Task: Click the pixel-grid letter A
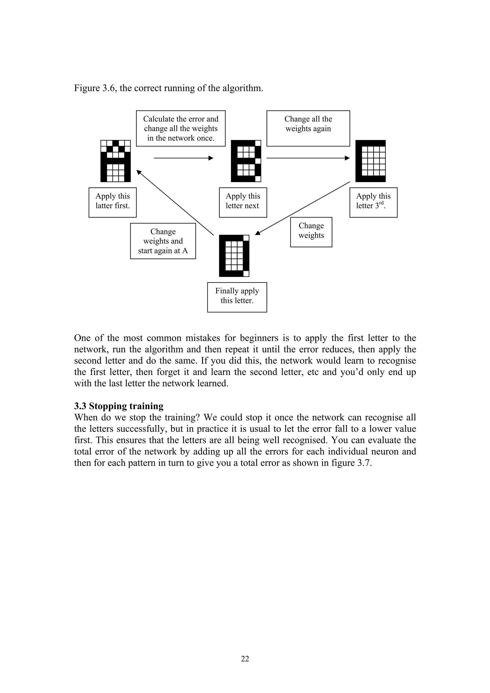tap(115, 161)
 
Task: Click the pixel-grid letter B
tap(246, 161)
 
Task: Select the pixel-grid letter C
tap(370, 161)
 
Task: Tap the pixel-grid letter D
tap(234, 256)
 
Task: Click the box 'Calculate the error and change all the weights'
tap(181, 128)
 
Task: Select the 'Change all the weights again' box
tap(308, 128)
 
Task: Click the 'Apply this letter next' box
tap(243, 202)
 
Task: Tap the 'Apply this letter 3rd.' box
tap(373, 202)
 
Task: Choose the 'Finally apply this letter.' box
tap(237, 297)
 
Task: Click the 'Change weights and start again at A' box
tap(163, 241)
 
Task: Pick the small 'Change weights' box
tap(311, 232)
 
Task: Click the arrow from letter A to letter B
tap(183, 158)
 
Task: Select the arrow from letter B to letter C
tap(308, 158)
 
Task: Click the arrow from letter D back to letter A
tap(175, 203)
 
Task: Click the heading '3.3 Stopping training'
tap(119, 406)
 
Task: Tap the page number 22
tap(245, 659)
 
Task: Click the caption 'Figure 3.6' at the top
tap(95, 88)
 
